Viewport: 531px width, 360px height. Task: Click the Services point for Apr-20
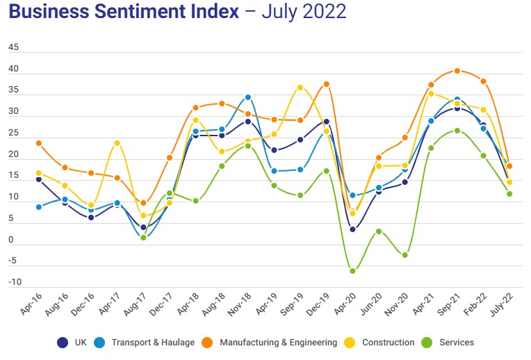click(x=352, y=271)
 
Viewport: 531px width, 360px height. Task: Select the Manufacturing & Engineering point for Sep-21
click(x=457, y=71)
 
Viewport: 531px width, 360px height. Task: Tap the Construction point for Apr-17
click(x=117, y=143)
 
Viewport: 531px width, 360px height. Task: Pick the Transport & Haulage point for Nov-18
click(x=248, y=97)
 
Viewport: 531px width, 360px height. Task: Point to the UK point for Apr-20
click(x=352, y=229)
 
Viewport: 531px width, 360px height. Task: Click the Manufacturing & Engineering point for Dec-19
click(x=326, y=84)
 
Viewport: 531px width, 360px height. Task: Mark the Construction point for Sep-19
click(x=300, y=88)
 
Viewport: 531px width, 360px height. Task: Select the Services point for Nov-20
click(x=405, y=255)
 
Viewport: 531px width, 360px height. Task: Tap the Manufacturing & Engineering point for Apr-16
click(x=39, y=143)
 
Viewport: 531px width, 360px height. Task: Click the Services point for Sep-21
click(x=457, y=130)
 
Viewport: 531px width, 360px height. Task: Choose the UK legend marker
click(x=63, y=342)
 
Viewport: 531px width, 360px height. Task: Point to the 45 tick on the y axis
click(x=14, y=48)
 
